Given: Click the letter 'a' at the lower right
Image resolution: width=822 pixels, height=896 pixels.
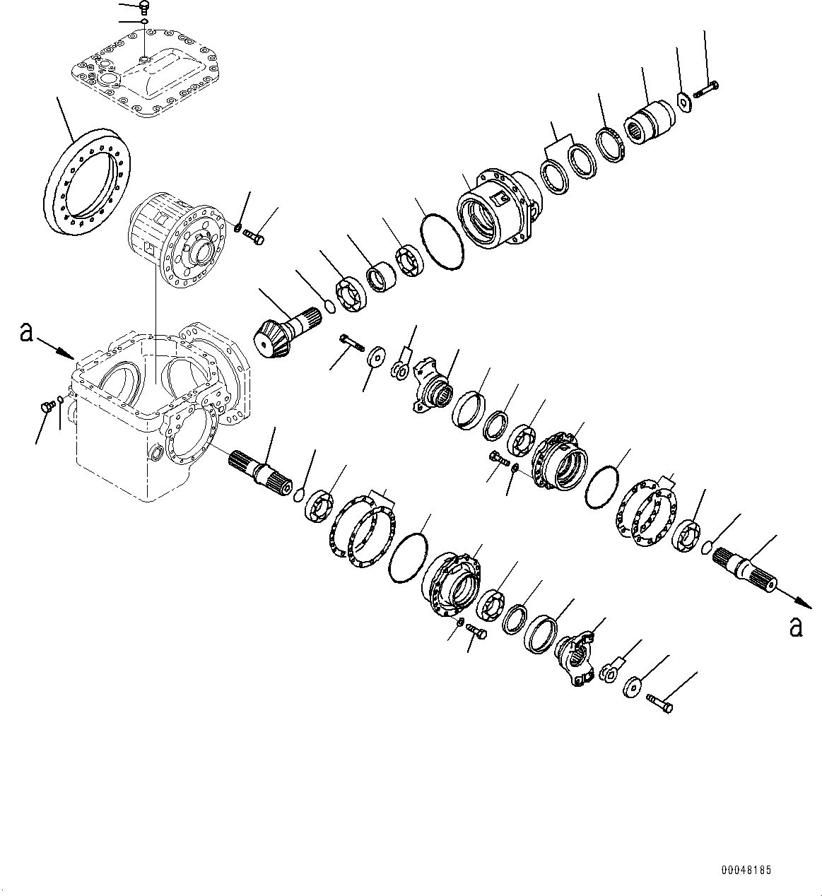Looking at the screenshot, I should [x=796, y=626].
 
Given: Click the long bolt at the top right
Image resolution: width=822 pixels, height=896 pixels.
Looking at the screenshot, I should [x=706, y=89].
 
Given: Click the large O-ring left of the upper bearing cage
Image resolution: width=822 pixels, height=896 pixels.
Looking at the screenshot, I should [x=440, y=242].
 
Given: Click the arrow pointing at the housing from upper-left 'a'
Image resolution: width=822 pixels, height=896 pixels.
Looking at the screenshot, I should [x=58, y=348].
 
